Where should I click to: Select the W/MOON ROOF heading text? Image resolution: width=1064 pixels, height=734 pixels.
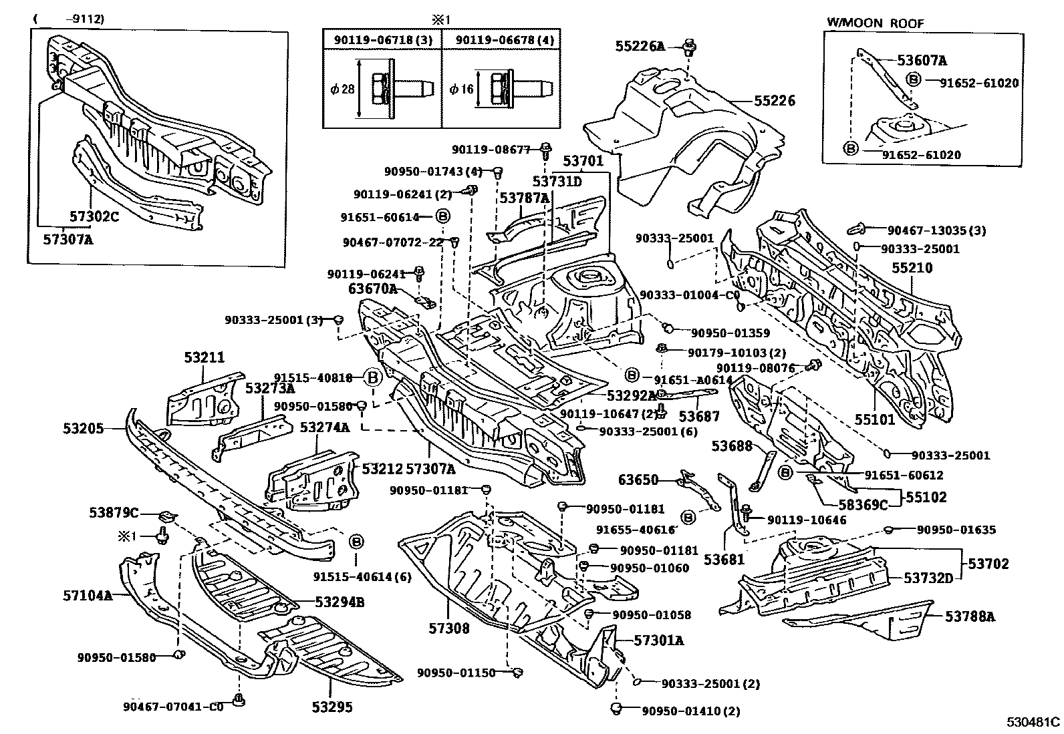click(x=876, y=22)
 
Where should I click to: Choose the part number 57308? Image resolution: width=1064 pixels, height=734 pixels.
click(x=449, y=628)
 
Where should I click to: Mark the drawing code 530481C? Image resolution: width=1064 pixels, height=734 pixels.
click(x=1034, y=722)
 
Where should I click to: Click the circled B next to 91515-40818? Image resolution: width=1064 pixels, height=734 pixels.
click(x=373, y=378)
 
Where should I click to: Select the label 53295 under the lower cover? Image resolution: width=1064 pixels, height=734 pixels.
click(x=331, y=707)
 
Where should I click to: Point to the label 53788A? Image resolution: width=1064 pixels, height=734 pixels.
click(x=970, y=616)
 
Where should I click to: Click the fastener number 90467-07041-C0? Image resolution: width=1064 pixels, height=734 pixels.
click(x=173, y=707)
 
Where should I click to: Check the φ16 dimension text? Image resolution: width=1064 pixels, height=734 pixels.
click(x=461, y=88)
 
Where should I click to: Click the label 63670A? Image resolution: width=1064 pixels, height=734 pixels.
click(x=372, y=289)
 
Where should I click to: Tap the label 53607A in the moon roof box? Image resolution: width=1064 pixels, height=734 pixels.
click(x=922, y=61)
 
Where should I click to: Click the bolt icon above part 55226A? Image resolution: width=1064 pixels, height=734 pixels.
click(x=688, y=46)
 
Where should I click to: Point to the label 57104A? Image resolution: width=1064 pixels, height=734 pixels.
click(x=88, y=594)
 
